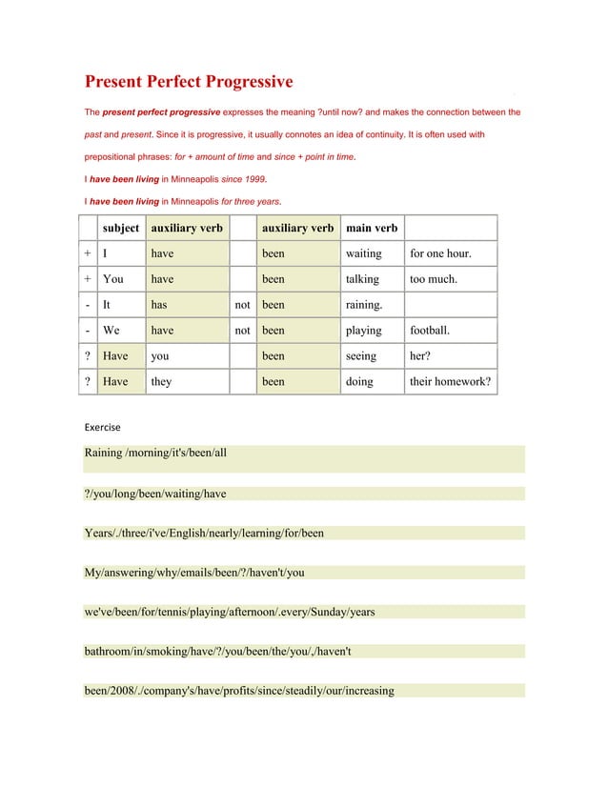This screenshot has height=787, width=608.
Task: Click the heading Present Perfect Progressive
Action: click(x=189, y=82)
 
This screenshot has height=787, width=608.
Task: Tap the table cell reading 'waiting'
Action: click(x=363, y=253)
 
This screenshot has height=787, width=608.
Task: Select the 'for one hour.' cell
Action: click(x=439, y=253)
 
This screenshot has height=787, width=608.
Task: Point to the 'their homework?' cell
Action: click(x=450, y=381)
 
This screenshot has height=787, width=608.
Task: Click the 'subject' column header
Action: click(x=121, y=228)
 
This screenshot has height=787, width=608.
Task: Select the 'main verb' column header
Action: click(x=372, y=228)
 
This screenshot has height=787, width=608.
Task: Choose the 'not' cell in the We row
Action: click(x=243, y=331)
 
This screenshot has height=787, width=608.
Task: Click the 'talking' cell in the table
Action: click(x=362, y=279)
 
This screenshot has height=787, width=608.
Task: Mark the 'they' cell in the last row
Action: click(x=161, y=381)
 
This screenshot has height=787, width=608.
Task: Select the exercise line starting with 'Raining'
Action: click(x=156, y=453)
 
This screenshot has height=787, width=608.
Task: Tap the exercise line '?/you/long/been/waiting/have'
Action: click(x=155, y=493)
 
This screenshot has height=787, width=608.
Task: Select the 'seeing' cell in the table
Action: click(x=361, y=355)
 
